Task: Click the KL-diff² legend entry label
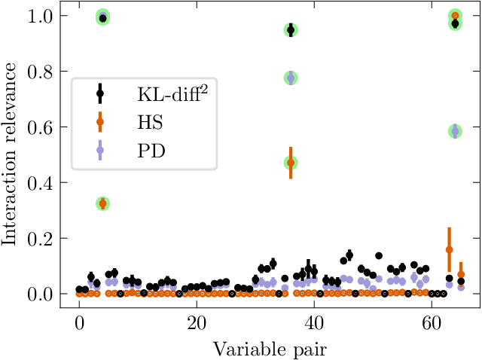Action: click(x=172, y=95)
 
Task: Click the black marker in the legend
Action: click(x=100, y=95)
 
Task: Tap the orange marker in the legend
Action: click(x=100, y=122)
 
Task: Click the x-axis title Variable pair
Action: click(x=270, y=348)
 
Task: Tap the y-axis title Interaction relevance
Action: click(x=11, y=154)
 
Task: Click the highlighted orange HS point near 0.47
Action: click(x=291, y=163)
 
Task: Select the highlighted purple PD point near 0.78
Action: click(x=291, y=78)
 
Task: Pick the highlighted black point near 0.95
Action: click(x=291, y=30)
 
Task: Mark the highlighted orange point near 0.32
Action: click(x=103, y=203)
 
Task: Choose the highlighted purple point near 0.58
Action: click(x=455, y=131)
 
